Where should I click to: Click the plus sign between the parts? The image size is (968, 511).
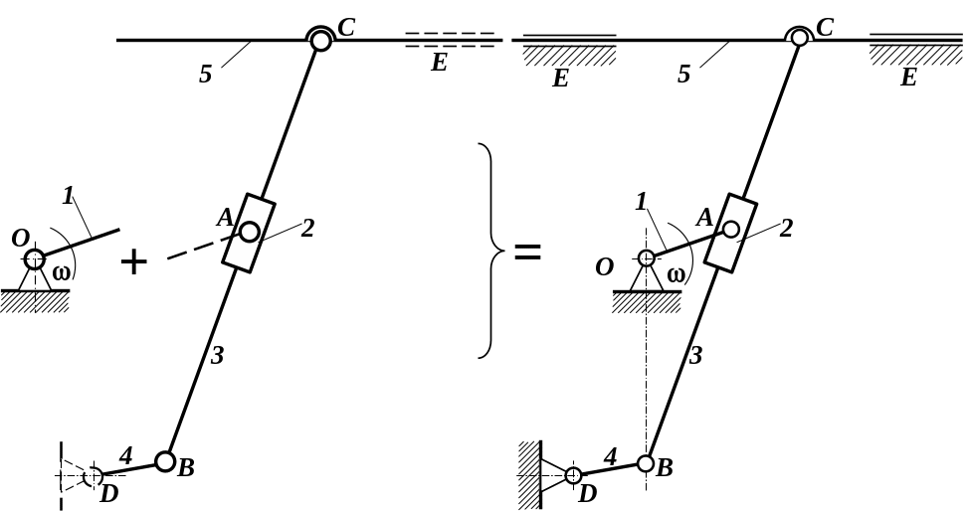(x=133, y=261)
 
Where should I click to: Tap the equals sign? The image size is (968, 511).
(x=526, y=253)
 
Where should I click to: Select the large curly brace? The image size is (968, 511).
(x=486, y=251)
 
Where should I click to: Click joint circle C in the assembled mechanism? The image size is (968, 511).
(x=800, y=39)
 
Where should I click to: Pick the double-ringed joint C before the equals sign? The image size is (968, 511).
(x=320, y=40)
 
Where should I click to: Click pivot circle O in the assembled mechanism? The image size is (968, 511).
(x=646, y=258)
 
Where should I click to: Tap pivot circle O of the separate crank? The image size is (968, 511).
(x=35, y=259)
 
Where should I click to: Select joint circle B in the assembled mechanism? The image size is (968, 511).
(x=646, y=463)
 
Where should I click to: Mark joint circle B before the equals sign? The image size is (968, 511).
(x=166, y=462)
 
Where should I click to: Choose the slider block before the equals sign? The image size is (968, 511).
(x=249, y=233)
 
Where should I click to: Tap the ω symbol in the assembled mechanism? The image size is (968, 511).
(x=677, y=275)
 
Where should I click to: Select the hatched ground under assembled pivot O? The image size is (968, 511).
(x=645, y=301)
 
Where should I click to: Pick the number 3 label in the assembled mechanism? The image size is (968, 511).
(x=696, y=355)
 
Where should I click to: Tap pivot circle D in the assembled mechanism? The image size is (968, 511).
(x=573, y=475)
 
